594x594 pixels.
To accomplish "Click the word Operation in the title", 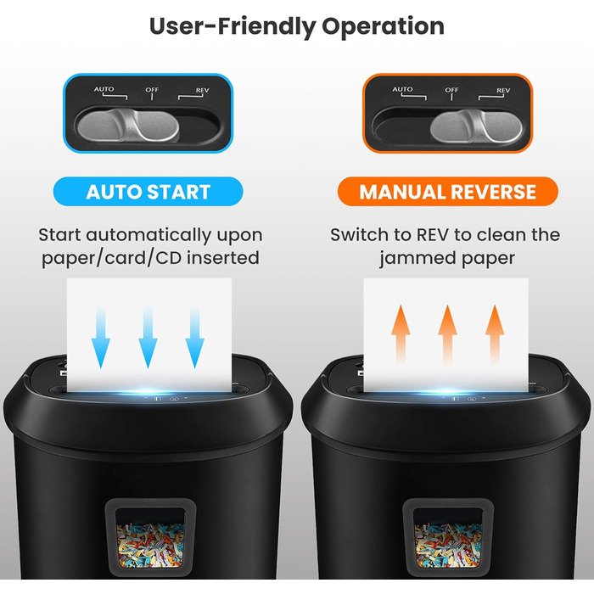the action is point(383,27).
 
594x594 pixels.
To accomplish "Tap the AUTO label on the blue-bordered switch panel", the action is point(104,89).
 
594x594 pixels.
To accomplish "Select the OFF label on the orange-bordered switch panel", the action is point(451,90).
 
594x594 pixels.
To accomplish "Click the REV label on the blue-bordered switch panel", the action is point(202,90).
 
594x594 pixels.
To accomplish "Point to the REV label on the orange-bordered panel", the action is point(503,90).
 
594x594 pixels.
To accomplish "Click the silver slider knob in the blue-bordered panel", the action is point(128,125).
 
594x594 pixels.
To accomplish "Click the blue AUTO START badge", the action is point(148,191).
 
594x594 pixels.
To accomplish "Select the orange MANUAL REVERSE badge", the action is point(447,191).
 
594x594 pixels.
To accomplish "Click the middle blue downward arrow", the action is point(148,337).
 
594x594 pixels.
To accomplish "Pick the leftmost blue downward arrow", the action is point(101,337).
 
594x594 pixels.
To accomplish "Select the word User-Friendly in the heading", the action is point(233,27).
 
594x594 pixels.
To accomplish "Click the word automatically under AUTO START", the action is point(148,235).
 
